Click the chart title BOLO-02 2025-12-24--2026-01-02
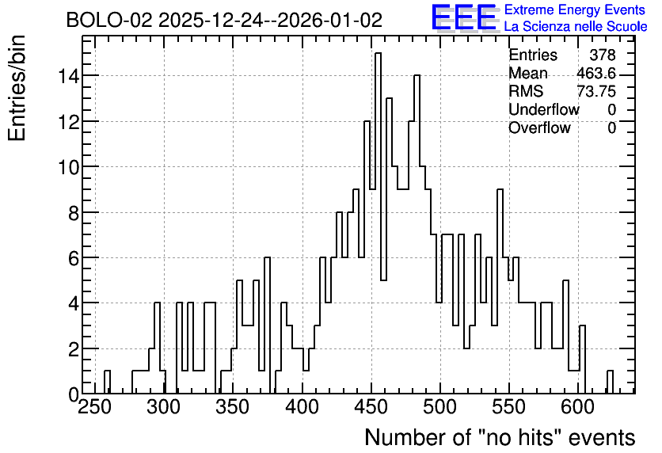coord(224,20)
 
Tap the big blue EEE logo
coord(464,17)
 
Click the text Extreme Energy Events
coord(575,10)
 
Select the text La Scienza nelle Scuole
coord(576,27)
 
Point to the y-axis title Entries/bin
coord(17,89)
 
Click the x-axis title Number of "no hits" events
coord(500,437)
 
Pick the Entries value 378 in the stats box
coord(603,55)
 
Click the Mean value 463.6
coord(596,74)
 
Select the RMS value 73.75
coord(596,92)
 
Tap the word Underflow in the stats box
coord(544,110)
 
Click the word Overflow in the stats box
coord(539,128)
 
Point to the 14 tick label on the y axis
coord(68,76)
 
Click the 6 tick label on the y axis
coord(74,258)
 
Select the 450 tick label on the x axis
coord(371,407)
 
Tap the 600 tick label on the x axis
coord(578,407)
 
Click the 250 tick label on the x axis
coord(95,407)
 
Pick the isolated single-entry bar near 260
coord(107,382)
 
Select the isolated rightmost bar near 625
coord(610,382)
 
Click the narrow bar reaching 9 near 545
coord(500,291)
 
